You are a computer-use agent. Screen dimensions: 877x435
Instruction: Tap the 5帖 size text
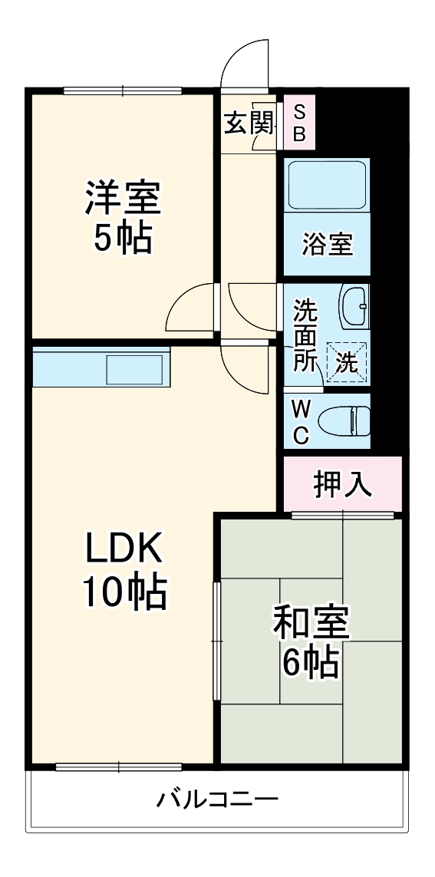pyautogui.click(x=123, y=239)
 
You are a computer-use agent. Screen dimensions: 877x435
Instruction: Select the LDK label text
pyautogui.click(x=123, y=549)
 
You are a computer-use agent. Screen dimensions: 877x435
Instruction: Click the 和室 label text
pyautogui.click(x=311, y=624)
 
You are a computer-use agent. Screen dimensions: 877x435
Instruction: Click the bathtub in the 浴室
pyautogui.click(x=328, y=185)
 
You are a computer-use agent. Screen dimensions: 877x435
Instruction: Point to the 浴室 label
pyautogui.click(x=328, y=246)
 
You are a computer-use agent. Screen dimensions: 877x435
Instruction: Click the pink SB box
pyautogui.click(x=300, y=123)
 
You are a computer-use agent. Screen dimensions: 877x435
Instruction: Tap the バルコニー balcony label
pyautogui.click(x=217, y=800)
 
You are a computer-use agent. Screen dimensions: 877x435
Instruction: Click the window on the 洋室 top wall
pyautogui.click(x=123, y=91)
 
